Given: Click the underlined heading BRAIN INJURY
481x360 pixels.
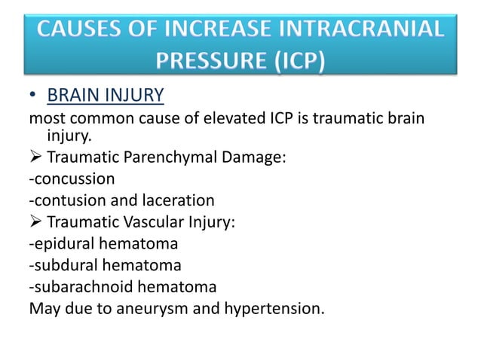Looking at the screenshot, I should (x=106, y=96).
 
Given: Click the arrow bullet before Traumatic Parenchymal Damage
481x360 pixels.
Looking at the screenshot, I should (x=35, y=157).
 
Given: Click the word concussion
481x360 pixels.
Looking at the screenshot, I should (x=73, y=178).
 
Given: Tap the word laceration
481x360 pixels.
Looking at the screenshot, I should (x=176, y=200).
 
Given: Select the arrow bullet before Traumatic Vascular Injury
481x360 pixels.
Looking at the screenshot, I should (x=35, y=221).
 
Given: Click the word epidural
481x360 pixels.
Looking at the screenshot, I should (x=62, y=243).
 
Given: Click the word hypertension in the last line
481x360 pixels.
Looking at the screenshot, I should (x=272, y=309).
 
